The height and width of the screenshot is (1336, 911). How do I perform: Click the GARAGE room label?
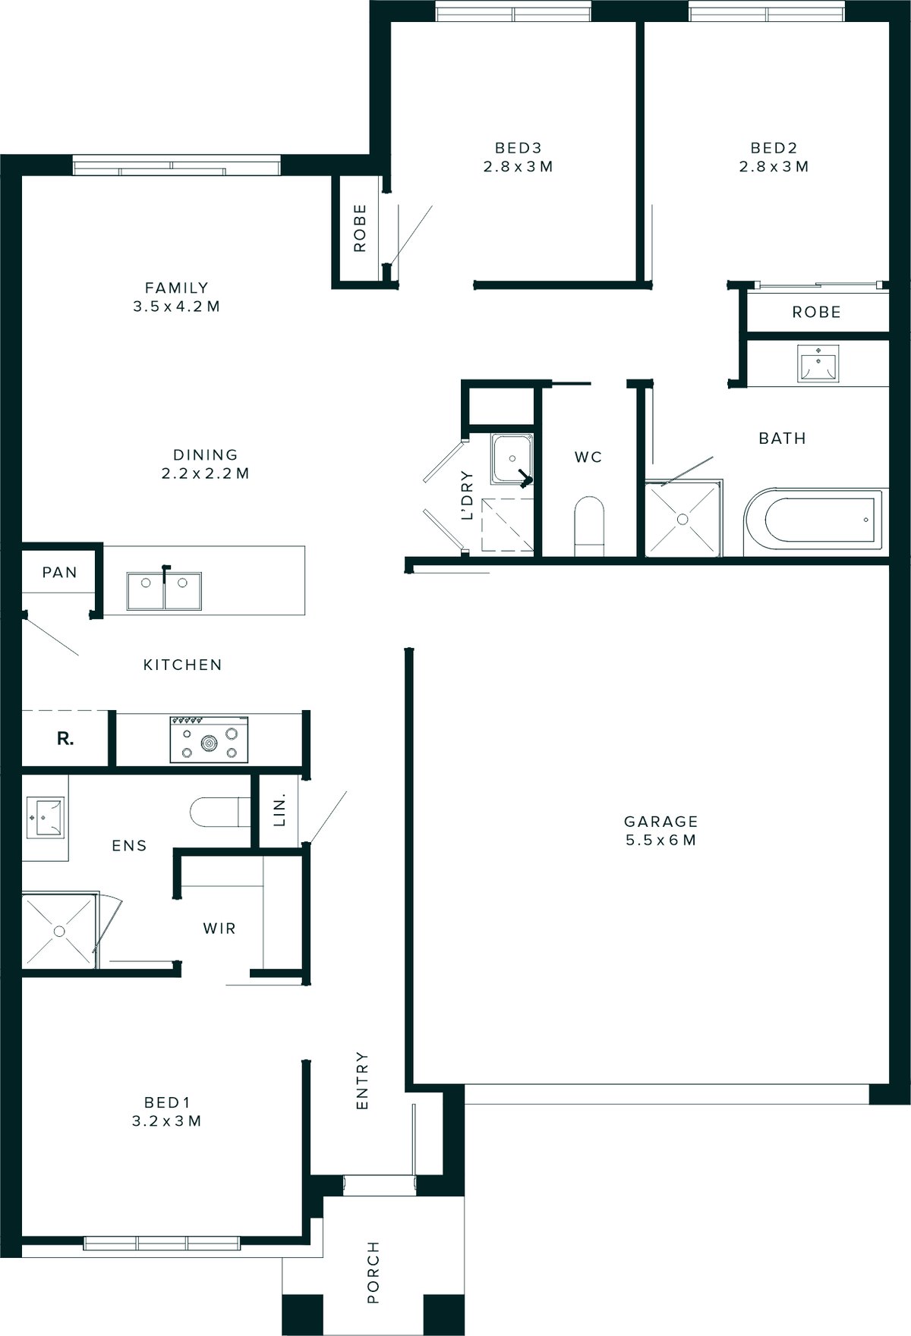(660, 822)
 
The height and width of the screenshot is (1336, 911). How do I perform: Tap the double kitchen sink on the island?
(165, 592)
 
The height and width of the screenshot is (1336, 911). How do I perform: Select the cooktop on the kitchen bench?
(209, 739)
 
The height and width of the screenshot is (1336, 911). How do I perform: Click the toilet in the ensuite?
(219, 812)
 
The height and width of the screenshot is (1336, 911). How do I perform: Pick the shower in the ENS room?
(59, 931)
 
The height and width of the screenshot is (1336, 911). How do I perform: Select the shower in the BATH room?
(682, 520)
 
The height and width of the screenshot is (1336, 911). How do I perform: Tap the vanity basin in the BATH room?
(817, 363)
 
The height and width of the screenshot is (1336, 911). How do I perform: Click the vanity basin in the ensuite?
(45, 817)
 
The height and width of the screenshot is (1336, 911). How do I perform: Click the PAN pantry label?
(59, 572)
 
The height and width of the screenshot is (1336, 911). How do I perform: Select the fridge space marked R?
(65, 738)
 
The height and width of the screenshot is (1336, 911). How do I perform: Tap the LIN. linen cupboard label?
(279, 811)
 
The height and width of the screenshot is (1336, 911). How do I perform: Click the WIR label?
(219, 928)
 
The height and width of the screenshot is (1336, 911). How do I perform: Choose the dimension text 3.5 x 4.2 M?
(176, 306)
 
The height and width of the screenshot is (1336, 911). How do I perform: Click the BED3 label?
(518, 148)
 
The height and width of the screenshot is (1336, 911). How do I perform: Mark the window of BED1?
(162, 1243)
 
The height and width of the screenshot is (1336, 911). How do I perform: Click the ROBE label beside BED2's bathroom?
(816, 312)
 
